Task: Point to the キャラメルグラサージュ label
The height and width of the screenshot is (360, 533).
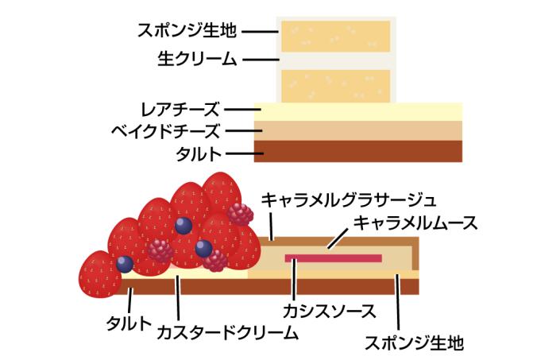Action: click(x=350, y=196)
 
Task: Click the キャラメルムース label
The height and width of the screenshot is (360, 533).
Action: click(x=416, y=223)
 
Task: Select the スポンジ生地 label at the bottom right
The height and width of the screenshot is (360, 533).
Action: click(x=415, y=341)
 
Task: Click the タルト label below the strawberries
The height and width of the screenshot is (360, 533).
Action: click(x=129, y=323)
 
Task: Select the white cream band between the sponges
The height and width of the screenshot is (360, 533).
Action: click(x=335, y=60)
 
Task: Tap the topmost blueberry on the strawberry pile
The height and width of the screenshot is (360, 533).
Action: click(x=183, y=225)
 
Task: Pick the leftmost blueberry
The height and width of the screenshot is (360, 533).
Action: click(x=124, y=264)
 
